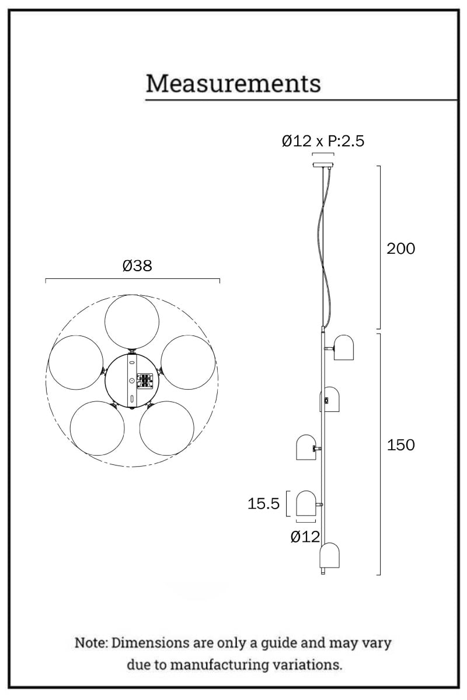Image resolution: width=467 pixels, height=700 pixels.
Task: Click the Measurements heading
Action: (x=233, y=83)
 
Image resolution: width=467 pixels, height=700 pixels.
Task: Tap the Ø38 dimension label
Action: (x=137, y=265)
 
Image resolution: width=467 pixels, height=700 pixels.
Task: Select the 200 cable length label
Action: (x=400, y=249)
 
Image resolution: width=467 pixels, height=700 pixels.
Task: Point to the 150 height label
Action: (x=400, y=444)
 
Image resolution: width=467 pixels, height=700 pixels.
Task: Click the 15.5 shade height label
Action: (x=263, y=503)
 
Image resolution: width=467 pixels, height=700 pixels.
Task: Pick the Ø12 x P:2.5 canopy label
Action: (x=323, y=141)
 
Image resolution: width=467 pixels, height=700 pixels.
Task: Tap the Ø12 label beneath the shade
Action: (x=305, y=537)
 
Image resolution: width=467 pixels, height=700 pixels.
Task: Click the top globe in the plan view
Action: (x=132, y=321)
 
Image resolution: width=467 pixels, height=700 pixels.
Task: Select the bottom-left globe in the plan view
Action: (x=97, y=428)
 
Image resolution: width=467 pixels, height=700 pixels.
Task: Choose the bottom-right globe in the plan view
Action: (x=166, y=428)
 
